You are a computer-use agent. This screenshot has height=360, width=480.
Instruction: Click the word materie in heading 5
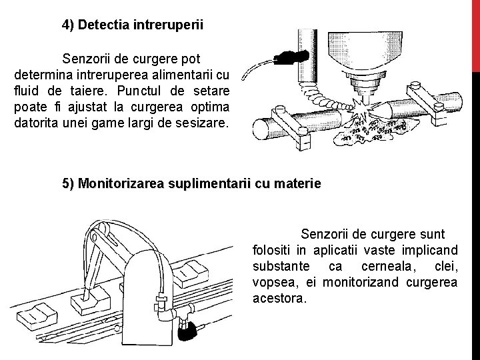(299, 183)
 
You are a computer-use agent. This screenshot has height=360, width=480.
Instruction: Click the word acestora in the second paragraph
(279, 298)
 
